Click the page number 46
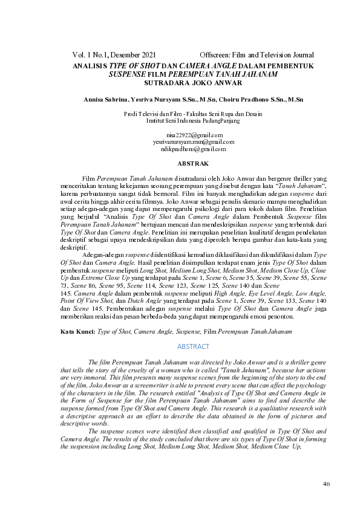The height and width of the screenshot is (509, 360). pyautogui.click(x=326, y=484)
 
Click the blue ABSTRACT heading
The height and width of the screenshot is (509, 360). pyautogui.click(x=193, y=346)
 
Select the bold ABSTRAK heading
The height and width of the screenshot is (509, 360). pyautogui.click(x=193, y=164)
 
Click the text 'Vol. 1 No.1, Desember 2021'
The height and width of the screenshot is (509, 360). pyautogui.click(x=114, y=55)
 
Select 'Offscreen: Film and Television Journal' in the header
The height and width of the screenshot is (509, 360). pyautogui.click(x=257, y=55)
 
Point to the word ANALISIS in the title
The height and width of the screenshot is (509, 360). pyautogui.click(x=90, y=65)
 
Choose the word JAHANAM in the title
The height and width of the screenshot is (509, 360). pyautogui.click(x=257, y=74)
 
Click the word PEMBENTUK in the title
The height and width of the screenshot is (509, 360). pyautogui.click(x=290, y=65)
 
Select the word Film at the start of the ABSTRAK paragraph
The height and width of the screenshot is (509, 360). pyautogui.click(x=88, y=180)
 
